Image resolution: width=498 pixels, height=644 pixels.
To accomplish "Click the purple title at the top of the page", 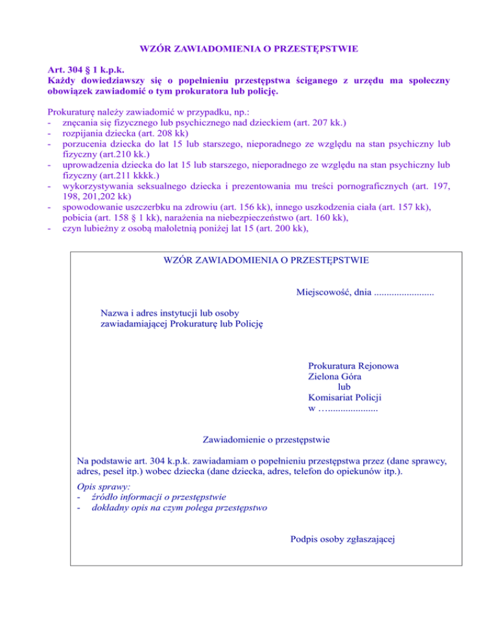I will pos(249,48).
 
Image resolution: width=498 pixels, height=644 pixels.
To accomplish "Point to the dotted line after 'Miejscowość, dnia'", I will pos(404,292).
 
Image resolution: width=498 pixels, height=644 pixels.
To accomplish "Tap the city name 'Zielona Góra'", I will pos(335,376).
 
